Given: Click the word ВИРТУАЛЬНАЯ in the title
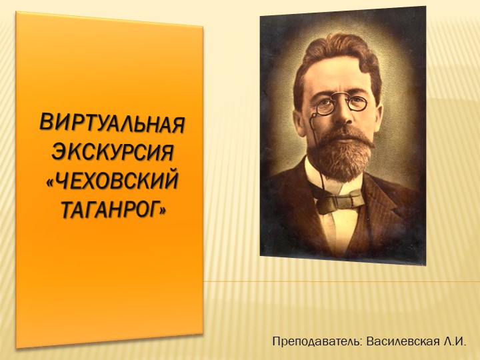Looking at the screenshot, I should (111, 125).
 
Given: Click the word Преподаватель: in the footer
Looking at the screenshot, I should (317, 341).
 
